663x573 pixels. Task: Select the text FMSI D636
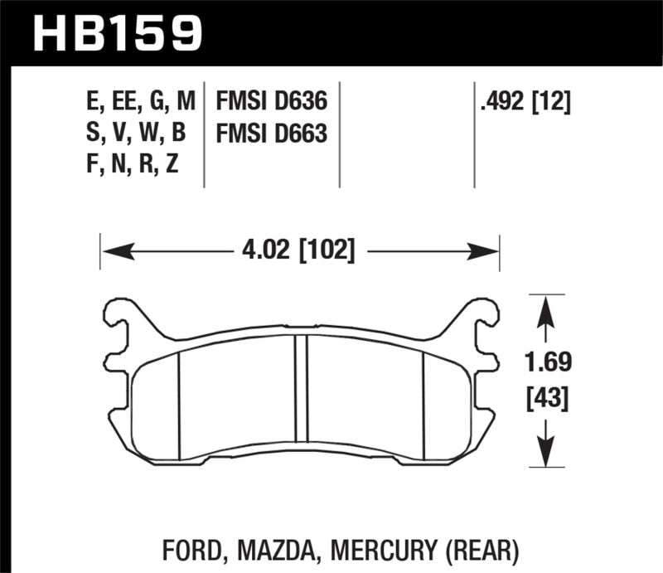point(272,103)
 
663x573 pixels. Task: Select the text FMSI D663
point(272,134)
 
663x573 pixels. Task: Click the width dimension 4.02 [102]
point(300,250)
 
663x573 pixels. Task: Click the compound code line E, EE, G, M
point(140,103)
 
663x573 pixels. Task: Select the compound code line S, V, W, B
point(140,134)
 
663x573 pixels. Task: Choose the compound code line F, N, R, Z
point(140,164)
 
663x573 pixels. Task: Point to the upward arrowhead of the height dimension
point(544,308)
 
